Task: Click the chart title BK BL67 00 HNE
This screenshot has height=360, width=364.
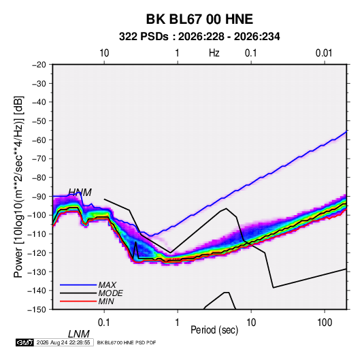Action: [x=199, y=19]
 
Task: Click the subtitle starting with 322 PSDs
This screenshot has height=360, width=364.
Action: [x=199, y=37]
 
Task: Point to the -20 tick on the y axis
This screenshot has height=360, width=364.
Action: [x=39, y=65]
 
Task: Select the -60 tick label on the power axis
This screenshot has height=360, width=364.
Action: [x=39, y=140]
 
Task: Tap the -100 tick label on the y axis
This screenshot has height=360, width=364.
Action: [x=37, y=215]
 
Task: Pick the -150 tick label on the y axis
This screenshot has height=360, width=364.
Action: [x=37, y=310]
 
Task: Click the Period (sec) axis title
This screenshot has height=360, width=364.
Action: [x=214, y=330]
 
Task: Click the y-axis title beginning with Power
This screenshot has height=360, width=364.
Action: [x=18, y=187]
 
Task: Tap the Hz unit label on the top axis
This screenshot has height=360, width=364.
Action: [x=214, y=53]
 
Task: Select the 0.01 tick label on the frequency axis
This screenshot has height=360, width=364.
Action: [x=324, y=53]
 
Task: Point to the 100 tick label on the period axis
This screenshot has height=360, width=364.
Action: [x=325, y=323]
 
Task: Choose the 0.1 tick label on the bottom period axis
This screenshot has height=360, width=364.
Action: [x=104, y=323]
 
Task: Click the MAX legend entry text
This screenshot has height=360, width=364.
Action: [x=107, y=284]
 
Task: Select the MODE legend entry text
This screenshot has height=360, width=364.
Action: [x=110, y=293]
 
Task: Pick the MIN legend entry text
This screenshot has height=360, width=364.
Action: [x=106, y=301]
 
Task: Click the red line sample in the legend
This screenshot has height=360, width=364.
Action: [x=78, y=301]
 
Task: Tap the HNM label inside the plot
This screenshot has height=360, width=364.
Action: [x=80, y=193]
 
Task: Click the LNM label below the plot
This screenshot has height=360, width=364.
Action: [x=79, y=334]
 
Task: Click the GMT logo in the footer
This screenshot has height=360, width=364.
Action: [x=24, y=342]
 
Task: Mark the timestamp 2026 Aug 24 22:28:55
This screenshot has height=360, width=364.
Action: [x=63, y=342]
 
